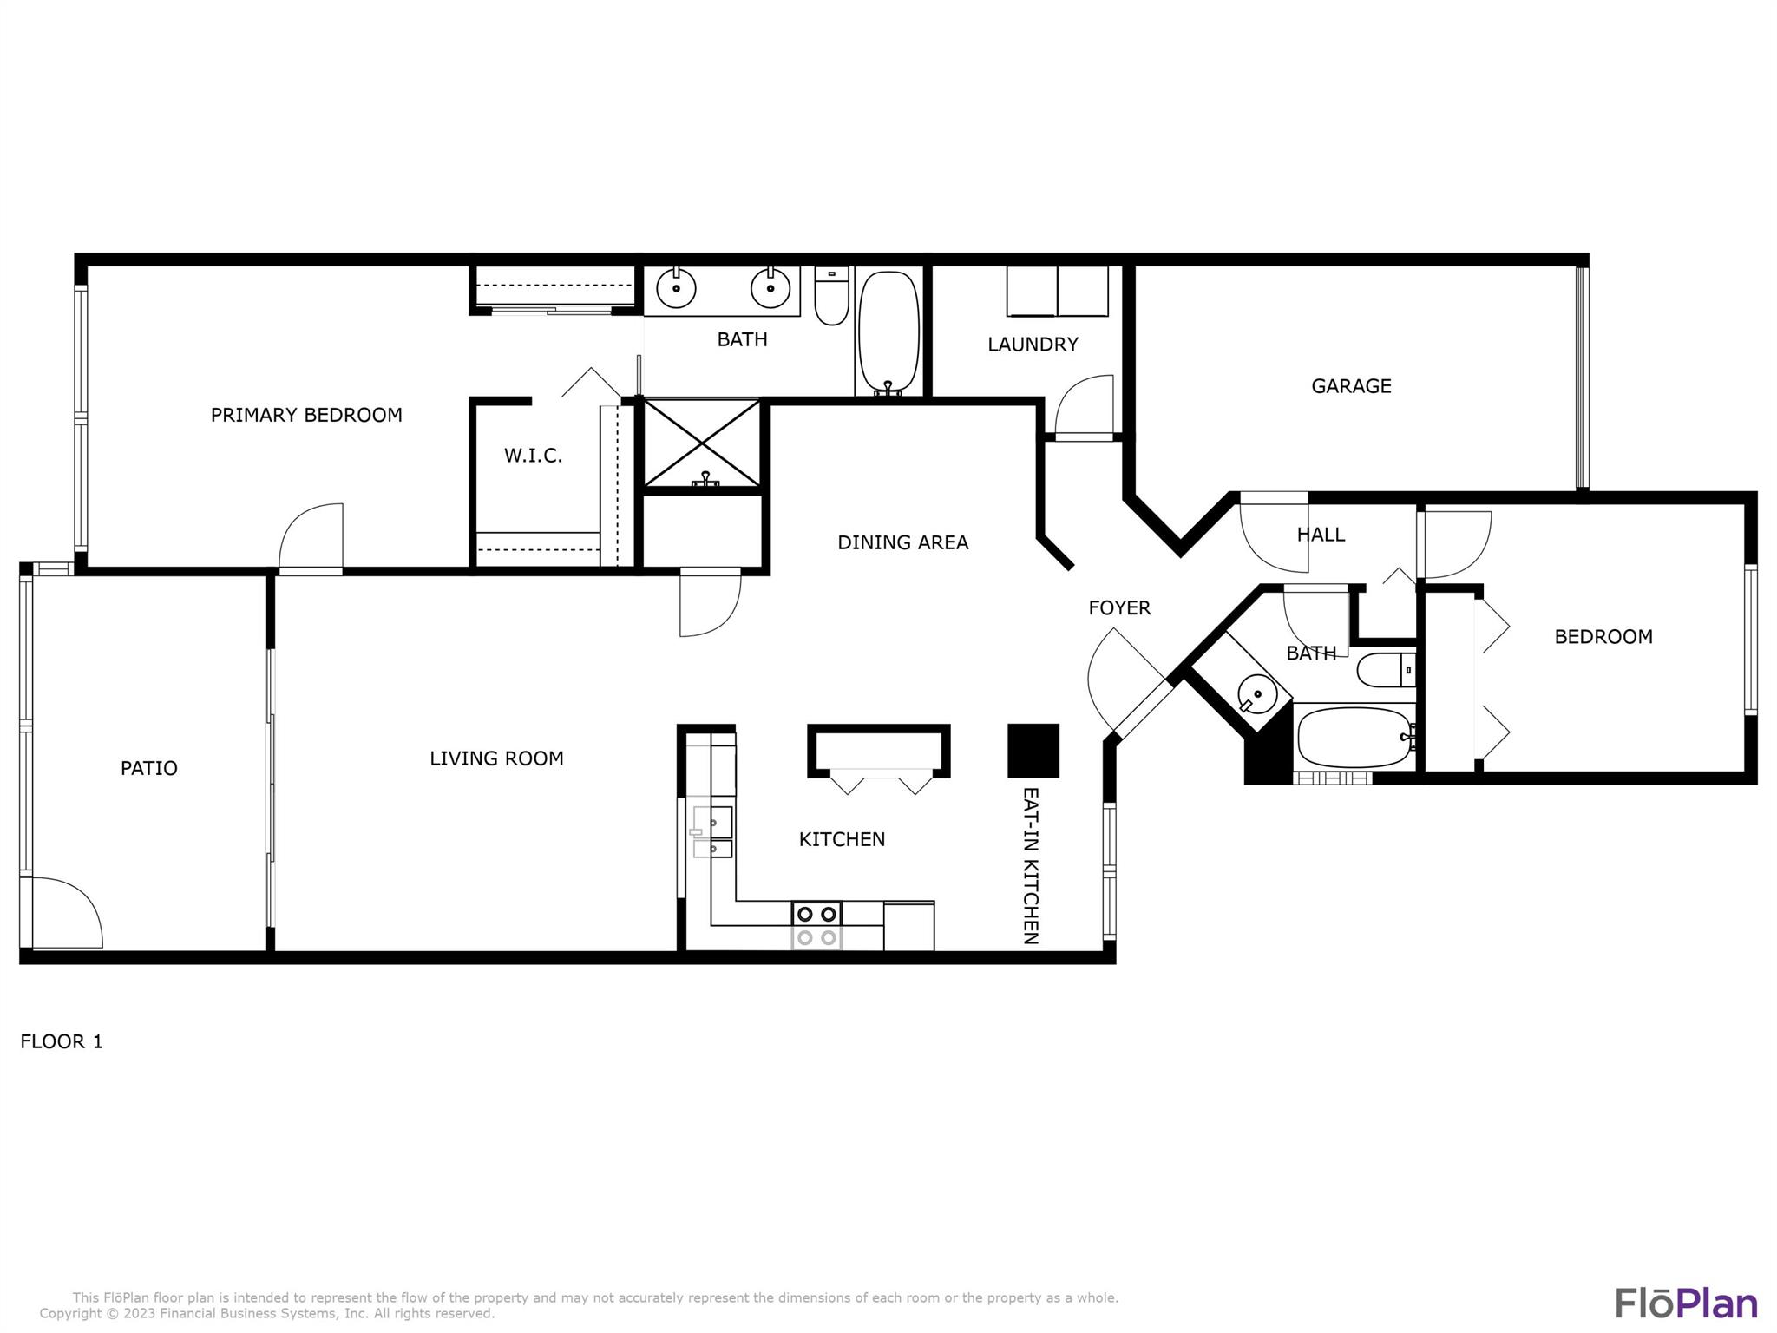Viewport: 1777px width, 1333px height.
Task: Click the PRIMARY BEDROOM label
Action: click(x=306, y=415)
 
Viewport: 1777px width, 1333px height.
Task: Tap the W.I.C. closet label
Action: click(x=533, y=456)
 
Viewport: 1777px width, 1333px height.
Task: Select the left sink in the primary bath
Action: click(x=675, y=287)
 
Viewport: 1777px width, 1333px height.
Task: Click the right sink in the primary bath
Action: click(x=770, y=287)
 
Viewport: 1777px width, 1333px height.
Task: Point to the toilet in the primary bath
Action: click(x=831, y=298)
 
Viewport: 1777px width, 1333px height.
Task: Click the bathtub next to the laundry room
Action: click(x=888, y=334)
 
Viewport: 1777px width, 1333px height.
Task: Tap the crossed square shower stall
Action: click(x=701, y=443)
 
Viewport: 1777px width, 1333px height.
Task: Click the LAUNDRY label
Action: click(x=1033, y=345)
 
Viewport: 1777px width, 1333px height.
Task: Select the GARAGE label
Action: click(x=1351, y=386)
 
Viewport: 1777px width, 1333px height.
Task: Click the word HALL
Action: click(x=1321, y=535)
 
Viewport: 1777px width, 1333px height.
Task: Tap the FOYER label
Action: click(x=1119, y=608)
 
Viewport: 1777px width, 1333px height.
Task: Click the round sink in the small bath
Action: click(x=1255, y=693)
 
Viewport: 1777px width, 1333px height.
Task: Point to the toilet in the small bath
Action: click(x=1385, y=670)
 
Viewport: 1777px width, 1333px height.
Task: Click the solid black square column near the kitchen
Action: click(x=1033, y=751)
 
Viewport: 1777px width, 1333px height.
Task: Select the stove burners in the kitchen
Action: click(x=816, y=914)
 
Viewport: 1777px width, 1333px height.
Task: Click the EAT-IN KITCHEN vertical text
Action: click(x=1031, y=865)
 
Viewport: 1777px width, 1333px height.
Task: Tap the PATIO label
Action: click(x=148, y=768)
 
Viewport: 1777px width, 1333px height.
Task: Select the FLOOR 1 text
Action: click(x=62, y=1041)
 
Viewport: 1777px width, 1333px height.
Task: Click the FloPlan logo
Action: click(x=1686, y=1303)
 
